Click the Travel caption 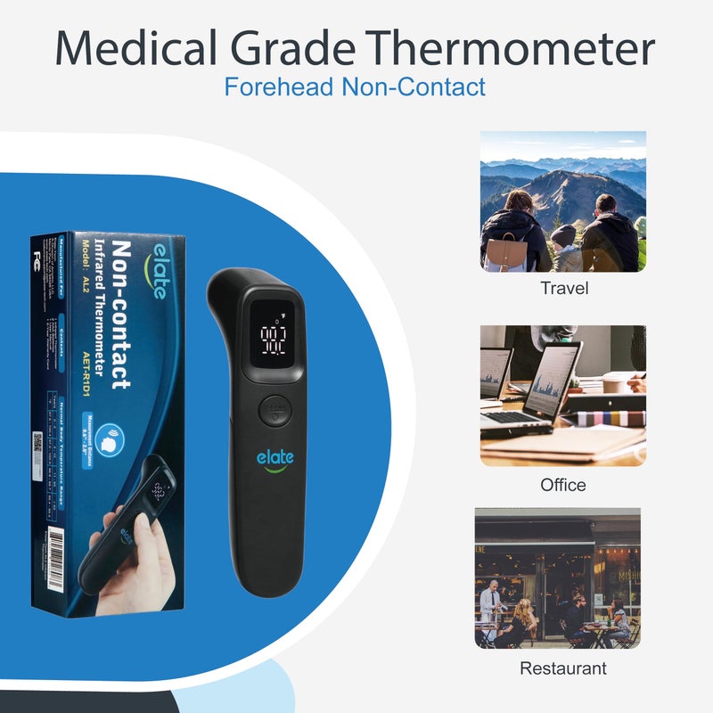click(564, 289)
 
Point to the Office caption click(563, 485)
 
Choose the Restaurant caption click(562, 668)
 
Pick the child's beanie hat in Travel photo click(563, 234)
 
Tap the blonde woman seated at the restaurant click(526, 615)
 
